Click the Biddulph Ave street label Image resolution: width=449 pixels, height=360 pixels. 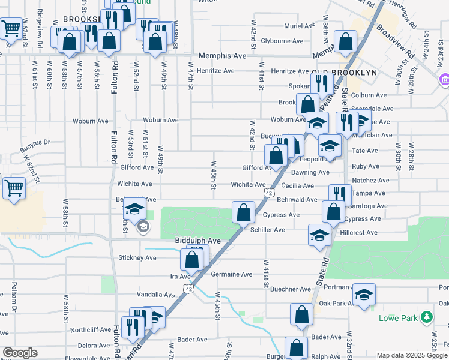pyautogui.click(x=197, y=241)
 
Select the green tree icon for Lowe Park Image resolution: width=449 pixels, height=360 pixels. pyautogui.click(x=427, y=316)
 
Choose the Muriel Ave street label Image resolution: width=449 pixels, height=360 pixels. pyautogui.click(x=300, y=26)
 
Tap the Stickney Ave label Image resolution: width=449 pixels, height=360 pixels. pyautogui.click(x=137, y=258)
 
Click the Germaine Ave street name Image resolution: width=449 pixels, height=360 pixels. pyautogui.click(x=232, y=274)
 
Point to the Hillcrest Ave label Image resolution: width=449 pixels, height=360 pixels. pyautogui.click(x=358, y=233)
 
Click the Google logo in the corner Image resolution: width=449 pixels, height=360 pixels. pyautogui.click(x=20, y=353)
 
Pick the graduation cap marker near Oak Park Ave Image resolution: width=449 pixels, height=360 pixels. pyautogui.click(x=364, y=294)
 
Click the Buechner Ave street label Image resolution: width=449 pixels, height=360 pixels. pyautogui.click(x=289, y=289)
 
